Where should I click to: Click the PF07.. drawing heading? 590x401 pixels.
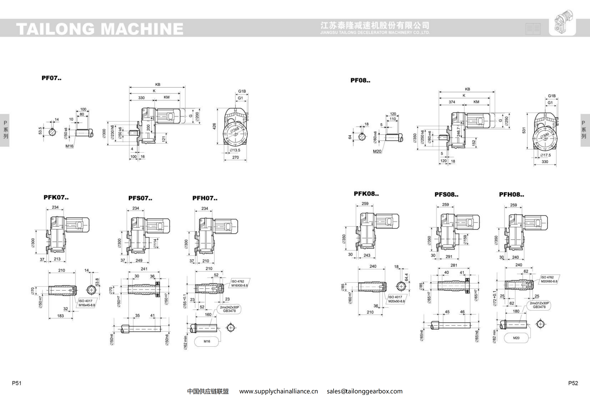[x=51, y=78]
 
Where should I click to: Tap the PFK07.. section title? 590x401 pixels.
[x=56, y=197]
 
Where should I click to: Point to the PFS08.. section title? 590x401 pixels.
[x=446, y=195]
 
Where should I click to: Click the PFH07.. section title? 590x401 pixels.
[x=205, y=198]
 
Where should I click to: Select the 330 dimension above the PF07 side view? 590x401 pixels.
[x=141, y=98]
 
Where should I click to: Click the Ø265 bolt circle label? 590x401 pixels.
[x=235, y=130]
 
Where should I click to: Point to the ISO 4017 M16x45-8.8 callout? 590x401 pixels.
[x=87, y=303]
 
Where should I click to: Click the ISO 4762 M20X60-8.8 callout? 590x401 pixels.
[x=549, y=279]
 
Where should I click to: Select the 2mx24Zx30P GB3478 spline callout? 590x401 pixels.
[x=229, y=309]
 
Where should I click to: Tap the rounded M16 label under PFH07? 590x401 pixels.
[x=207, y=341]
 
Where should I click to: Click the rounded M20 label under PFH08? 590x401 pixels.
[x=516, y=338]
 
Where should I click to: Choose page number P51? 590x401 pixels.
[x=17, y=383]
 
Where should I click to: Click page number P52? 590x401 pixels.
[x=573, y=383]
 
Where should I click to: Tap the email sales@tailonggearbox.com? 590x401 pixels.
[x=365, y=391]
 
